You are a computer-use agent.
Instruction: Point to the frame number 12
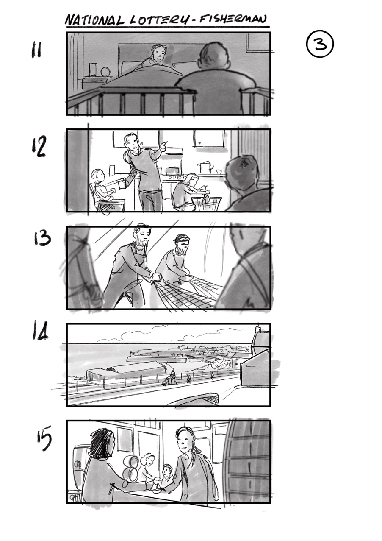tap(39, 148)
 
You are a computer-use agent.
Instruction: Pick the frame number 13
tap(42, 238)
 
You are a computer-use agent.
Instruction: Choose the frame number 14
tap(40, 332)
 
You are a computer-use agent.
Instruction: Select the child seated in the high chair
tap(100, 187)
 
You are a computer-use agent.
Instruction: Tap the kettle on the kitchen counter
tap(205, 167)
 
